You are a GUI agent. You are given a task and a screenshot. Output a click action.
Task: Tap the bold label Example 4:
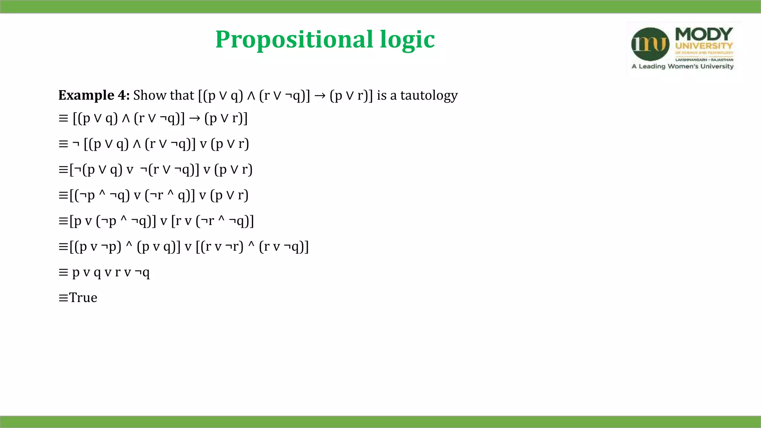(94, 95)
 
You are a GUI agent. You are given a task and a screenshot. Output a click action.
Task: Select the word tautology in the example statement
(429, 95)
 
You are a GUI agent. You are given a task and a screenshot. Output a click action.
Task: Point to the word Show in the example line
(148, 95)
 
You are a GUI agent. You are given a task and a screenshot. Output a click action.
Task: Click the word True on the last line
(83, 298)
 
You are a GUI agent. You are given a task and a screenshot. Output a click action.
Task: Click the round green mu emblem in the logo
(650, 44)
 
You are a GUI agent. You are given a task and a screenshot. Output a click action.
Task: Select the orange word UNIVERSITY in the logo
(704, 46)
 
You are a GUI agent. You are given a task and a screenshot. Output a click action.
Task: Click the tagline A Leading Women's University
(683, 67)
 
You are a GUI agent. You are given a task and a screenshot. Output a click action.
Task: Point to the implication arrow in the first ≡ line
(194, 119)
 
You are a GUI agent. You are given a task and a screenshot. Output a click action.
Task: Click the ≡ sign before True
(63, 298)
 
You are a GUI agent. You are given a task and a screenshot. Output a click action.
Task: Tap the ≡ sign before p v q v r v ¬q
(63, 272)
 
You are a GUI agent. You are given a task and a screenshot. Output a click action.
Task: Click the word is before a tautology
(382, 95)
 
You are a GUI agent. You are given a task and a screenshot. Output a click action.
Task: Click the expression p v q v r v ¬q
(111, 272)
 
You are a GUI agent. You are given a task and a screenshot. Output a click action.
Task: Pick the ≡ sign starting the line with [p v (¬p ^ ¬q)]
(63, 221)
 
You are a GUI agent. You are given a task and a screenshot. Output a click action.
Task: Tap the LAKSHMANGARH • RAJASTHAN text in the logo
(704, 59)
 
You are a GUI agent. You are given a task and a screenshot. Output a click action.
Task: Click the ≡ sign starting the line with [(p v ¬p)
(63, 247)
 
